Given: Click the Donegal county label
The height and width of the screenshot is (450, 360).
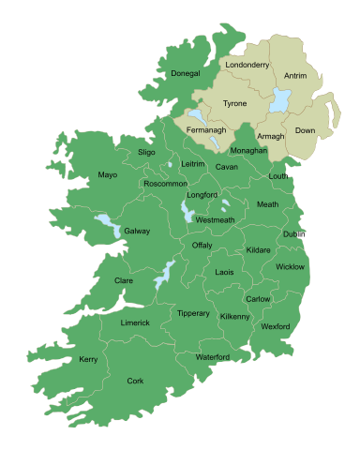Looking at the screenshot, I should (x=185, y=73).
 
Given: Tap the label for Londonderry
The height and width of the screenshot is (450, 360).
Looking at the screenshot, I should (x=248, y=65).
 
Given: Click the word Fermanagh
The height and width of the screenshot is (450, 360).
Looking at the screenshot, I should (x=206, y=129).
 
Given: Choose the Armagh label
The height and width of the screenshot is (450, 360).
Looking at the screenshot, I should (x=270, y=136).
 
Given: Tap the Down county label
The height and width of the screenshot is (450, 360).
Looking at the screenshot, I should (x=305, y=131).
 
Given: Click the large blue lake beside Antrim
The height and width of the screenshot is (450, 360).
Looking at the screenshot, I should (x=278, y=101).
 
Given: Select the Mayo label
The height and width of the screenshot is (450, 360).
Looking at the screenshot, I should (x=107, y=175).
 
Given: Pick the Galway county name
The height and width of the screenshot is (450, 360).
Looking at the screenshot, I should (x=137, y=231).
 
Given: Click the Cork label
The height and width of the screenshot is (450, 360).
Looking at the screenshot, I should (x=135, y=381).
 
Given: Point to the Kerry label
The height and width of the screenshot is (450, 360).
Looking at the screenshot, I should (x=88, y=359).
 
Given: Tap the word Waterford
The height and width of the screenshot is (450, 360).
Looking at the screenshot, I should (x=213, y=357).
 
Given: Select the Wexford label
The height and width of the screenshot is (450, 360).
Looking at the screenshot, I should (x=276, y=326).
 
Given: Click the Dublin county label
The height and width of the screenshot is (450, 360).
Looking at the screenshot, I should (x=294, y=233).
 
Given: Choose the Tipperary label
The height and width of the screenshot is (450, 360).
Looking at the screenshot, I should (x=193, y=313).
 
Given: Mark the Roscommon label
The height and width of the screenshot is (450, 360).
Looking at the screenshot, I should (x=165, y=184).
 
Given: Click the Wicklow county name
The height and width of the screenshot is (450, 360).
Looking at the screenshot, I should (x=290, y=267).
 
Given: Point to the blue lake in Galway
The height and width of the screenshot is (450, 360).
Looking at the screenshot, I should (x=108, y=226).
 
